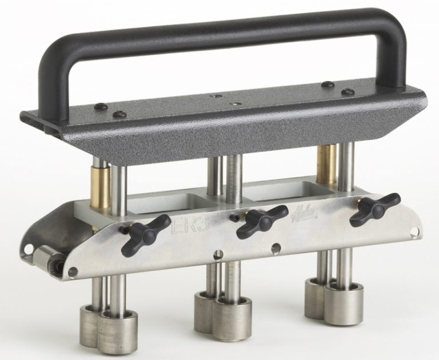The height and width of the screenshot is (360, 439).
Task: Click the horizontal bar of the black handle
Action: tap(229, 28)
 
